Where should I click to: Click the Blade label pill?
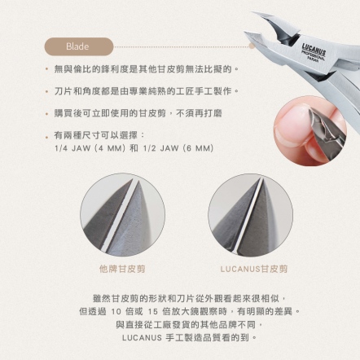click(x=78, y=46)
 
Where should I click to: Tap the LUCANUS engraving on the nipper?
click(x=314, y=49)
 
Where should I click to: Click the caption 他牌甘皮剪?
click(x=122, y=269)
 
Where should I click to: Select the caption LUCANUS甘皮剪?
click(x=254, y=269)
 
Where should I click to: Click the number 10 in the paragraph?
click(x=116, y=312)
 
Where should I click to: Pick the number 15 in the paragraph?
click(x=153, y=312)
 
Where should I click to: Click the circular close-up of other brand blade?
click(x=122, y=215)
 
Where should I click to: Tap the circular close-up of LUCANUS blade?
click(x=251, y=215)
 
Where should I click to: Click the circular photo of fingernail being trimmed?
click(x=310, y=130)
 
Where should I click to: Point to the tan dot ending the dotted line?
click(x=252, y=46)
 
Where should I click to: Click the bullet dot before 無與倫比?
click(x=47, y=69)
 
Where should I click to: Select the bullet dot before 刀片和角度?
click(x=47, y=91)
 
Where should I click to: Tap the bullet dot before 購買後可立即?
click(x=47, y=113)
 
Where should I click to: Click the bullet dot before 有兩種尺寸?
click(x=47, y=137)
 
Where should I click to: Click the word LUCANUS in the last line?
click(x=142, y=338)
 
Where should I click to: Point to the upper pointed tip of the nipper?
click(x=252, y=12)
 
